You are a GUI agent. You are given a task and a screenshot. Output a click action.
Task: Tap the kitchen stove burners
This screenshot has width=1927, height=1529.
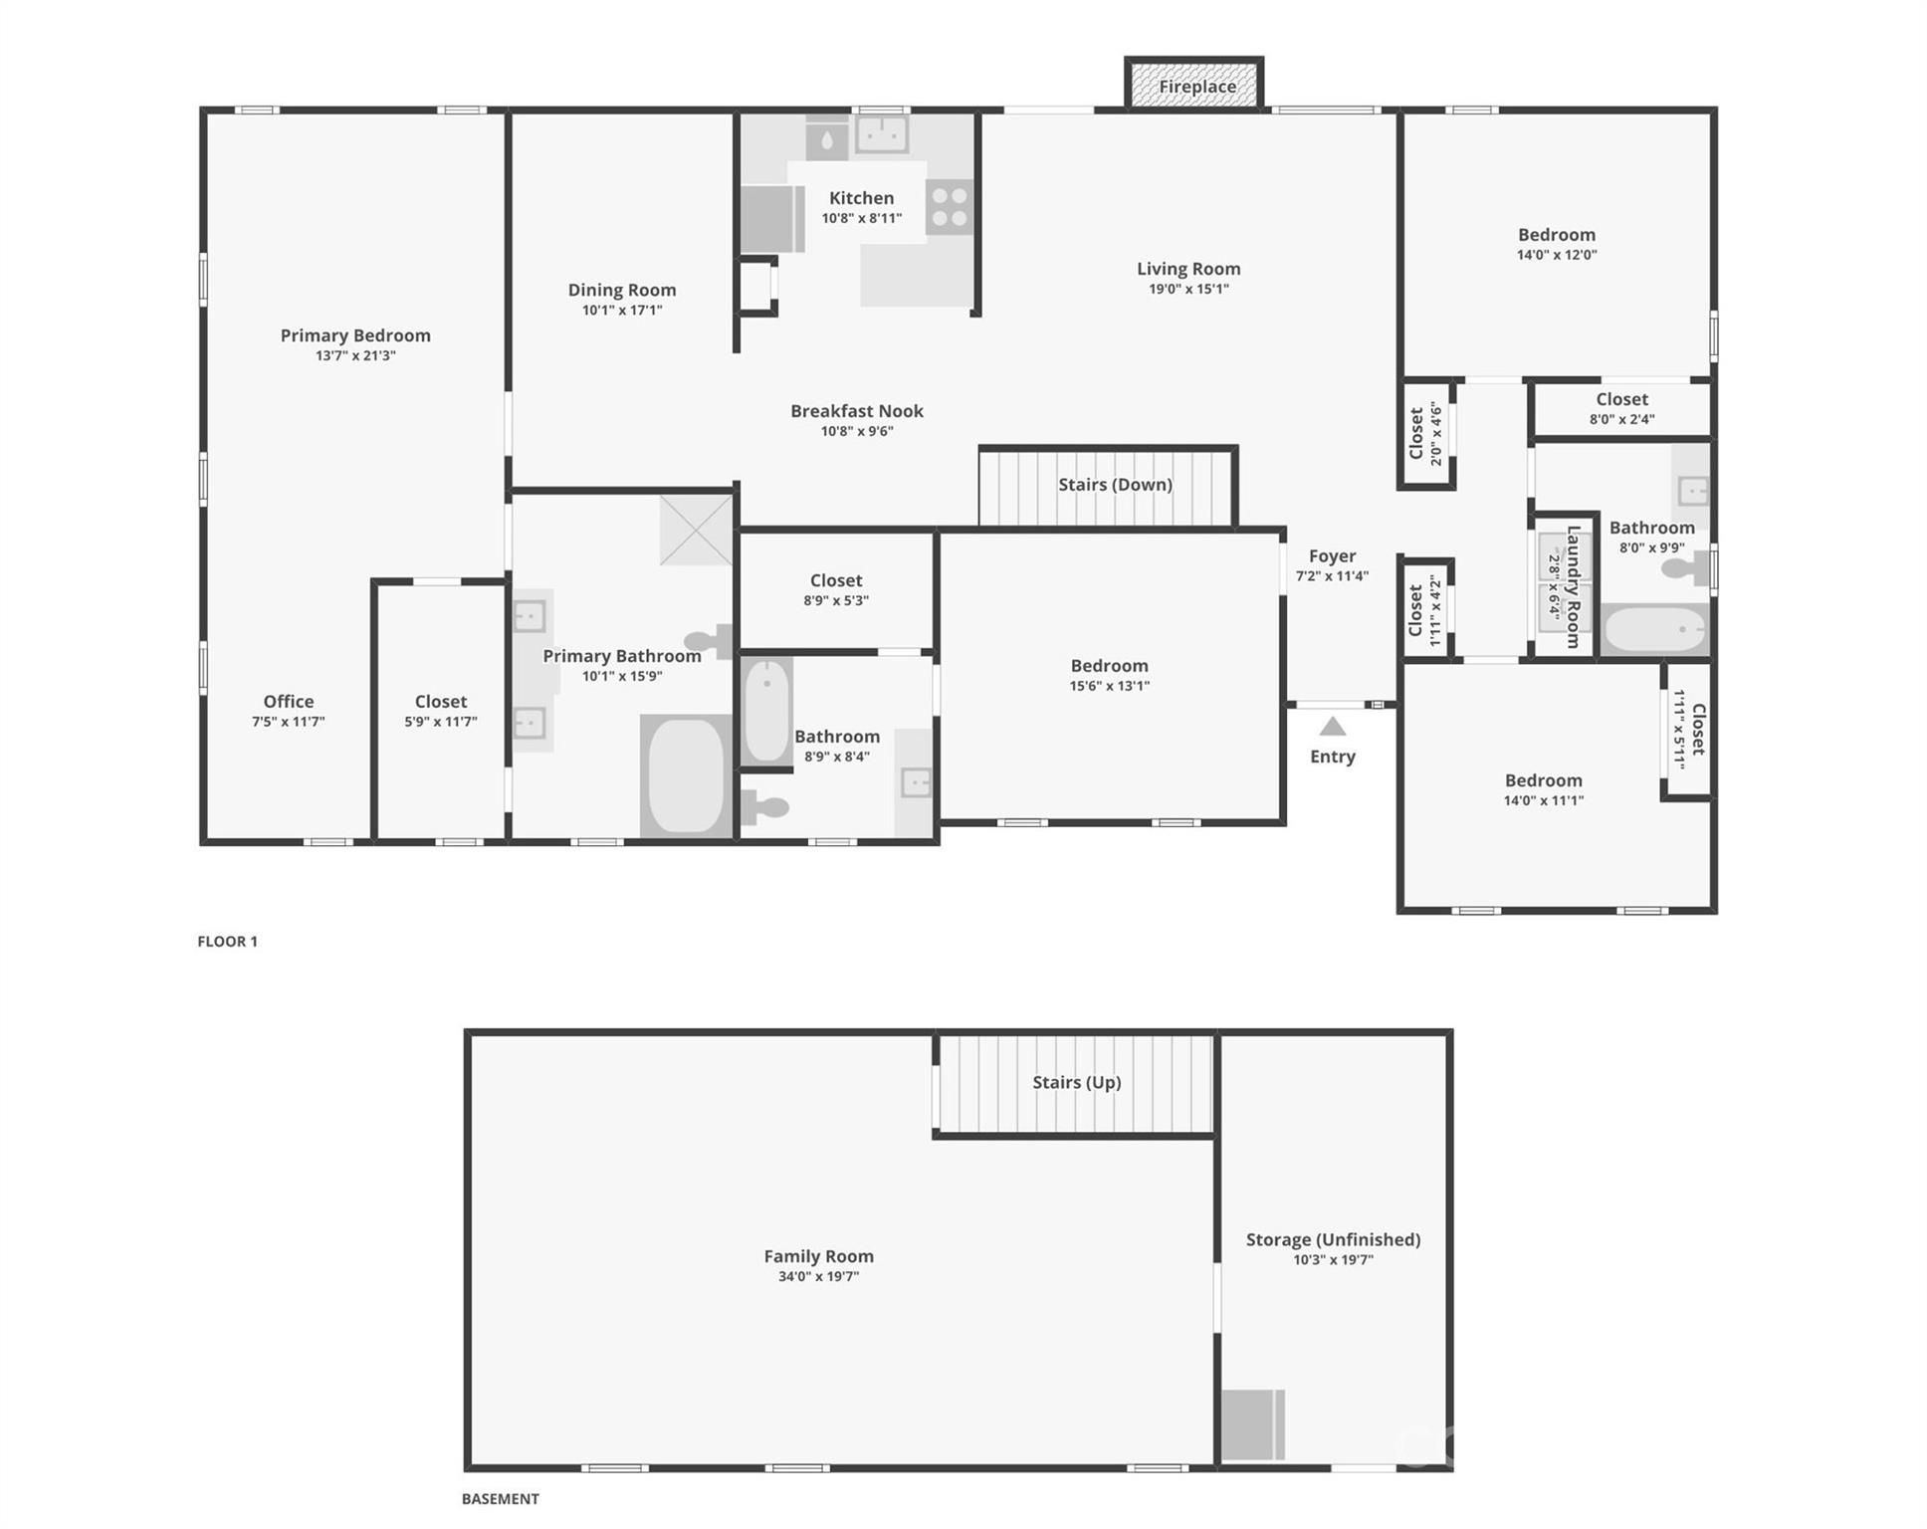tap(949, 207)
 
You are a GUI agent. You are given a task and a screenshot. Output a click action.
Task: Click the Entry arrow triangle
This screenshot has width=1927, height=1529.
tap(1333, 727)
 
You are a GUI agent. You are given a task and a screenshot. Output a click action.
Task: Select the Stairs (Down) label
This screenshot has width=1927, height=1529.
tap(1115, 485)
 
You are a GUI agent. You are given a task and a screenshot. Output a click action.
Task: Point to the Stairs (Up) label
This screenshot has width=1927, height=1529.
tap(1076, 1082)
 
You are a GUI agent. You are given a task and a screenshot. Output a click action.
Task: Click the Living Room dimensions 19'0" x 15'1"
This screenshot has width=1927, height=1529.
tap(1188, 290)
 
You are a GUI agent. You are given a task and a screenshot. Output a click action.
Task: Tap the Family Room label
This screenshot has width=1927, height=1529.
tap(818, 1256)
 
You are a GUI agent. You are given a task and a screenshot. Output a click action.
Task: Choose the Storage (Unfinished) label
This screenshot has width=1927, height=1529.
tap(1333, 1239)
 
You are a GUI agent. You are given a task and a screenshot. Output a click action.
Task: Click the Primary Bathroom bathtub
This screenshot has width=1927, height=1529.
tap(686, 776)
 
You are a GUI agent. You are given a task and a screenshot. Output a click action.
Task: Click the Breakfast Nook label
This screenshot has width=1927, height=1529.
tap(856, 411)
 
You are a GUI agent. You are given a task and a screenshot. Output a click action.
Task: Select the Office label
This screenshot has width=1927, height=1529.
tap(288, 702)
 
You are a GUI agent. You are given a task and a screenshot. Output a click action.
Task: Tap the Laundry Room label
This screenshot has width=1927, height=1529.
tap(1573, 587)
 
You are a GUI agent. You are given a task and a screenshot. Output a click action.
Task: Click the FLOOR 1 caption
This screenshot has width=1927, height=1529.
tap(227, 942)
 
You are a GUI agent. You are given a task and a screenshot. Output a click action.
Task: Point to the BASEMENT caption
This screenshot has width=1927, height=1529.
tap(500, 1499)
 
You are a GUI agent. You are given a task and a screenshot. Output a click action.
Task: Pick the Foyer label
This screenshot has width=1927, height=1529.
tap(1332, 556)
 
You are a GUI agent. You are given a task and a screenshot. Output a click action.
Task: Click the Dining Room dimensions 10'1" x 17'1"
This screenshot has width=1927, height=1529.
tap(622, 311)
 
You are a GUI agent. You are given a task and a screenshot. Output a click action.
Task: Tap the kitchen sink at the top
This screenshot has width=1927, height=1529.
tap(882, 134)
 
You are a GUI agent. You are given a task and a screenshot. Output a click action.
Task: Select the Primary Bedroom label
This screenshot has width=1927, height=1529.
tap(355, 335)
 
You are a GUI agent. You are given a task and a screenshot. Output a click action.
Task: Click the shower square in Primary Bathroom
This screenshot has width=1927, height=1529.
tap(696, 530)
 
